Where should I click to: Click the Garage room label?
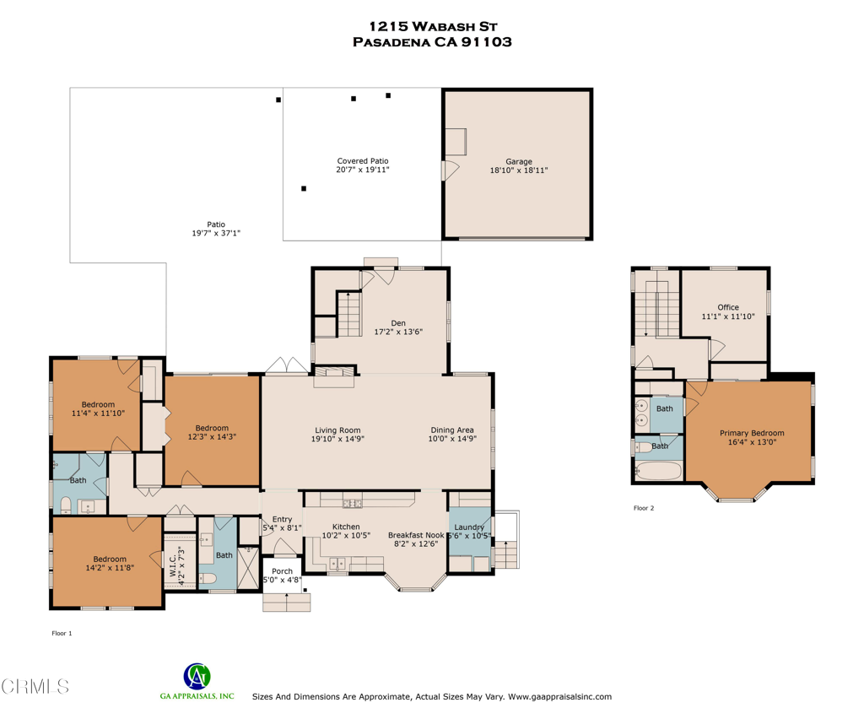tap(519, 161)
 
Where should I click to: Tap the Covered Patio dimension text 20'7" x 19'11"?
tap(363, 170)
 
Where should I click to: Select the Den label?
tap(398, 323)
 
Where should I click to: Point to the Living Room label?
tap(337, 430)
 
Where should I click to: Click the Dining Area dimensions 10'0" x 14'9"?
tap(452, 439)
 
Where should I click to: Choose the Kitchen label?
tap(346, 527)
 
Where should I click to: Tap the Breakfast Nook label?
tap(416, 535)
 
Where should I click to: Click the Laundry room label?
tap(469, 527)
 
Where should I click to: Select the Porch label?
tap(282, 571)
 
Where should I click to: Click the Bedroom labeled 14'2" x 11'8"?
tap(110, 559)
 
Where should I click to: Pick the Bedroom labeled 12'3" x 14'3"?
tap(212, 428)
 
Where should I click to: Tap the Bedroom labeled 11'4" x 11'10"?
tap(98, 404)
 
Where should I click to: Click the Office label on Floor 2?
tap(728, 307)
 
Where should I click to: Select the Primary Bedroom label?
tap(752, 433)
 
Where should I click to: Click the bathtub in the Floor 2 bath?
tap(658, 472)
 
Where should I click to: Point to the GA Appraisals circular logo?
tap(197, 676)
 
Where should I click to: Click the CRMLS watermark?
tap(35, 686)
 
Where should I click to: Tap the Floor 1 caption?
tap(62, 634)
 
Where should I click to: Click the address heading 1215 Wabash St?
tap(433, 26)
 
